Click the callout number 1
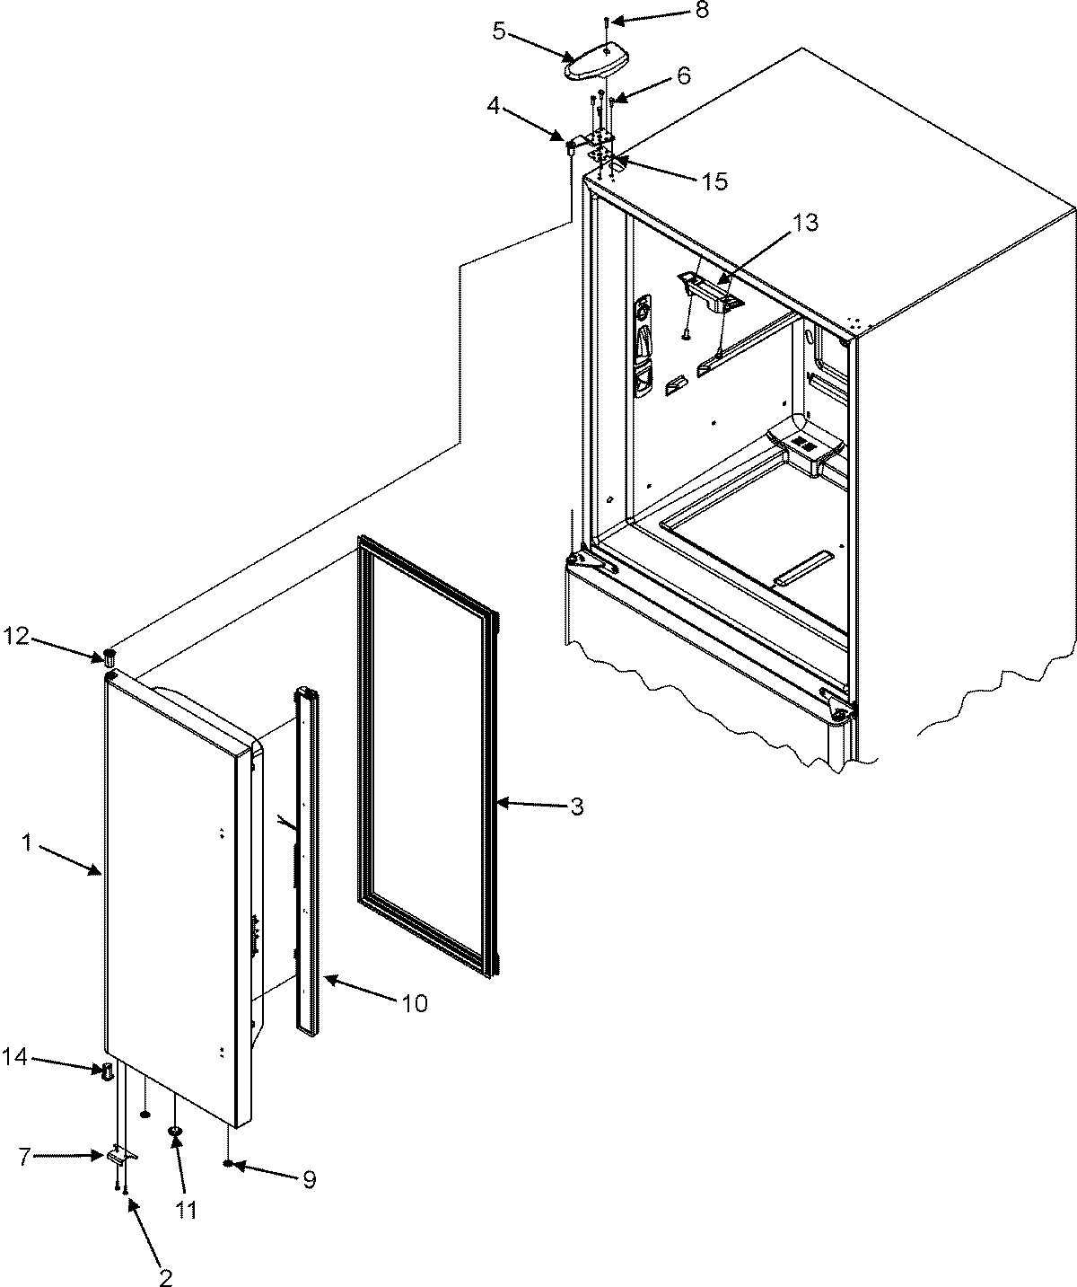pos(28,843)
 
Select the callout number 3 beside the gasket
pos(576,807)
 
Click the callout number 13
pos(806,223)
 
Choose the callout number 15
pos(714,181)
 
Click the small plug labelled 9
pos(231,1165)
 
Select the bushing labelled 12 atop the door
pos(109,654)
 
